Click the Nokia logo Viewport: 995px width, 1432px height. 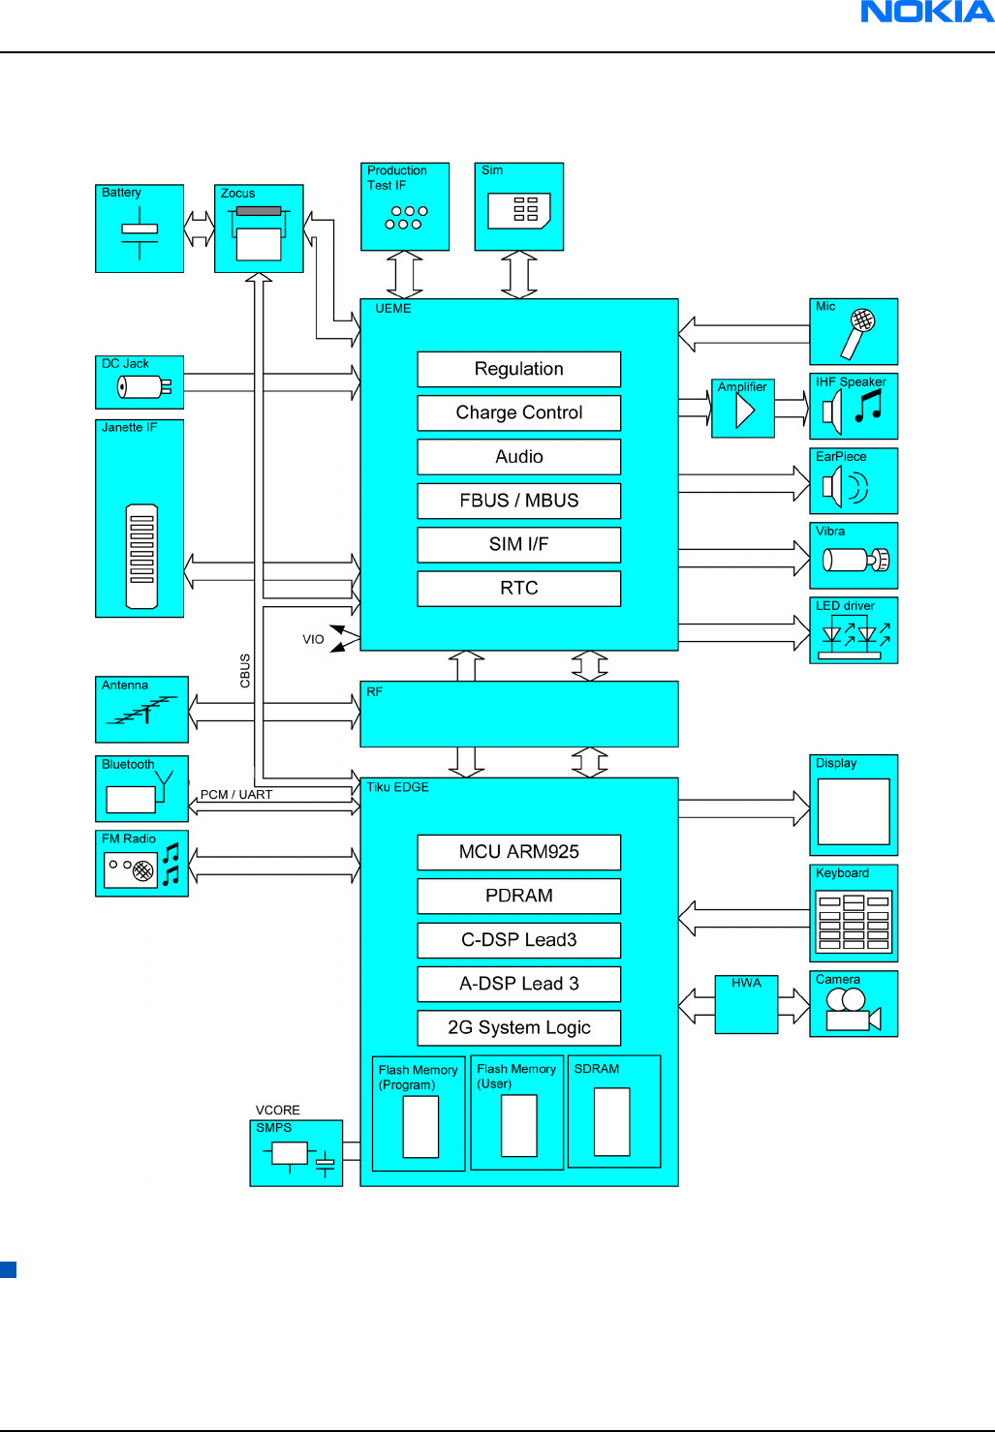point(927,13)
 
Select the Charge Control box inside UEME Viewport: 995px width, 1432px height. point(518,412)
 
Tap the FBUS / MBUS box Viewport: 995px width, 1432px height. point(518,501)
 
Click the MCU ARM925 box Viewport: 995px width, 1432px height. point(518,852)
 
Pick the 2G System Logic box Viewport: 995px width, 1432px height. point(518,1027)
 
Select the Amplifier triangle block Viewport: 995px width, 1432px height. point(743,411)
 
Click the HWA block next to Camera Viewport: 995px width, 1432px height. point(746,1004)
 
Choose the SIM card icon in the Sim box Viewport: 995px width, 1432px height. point(519,211)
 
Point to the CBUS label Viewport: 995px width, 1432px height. point(245,671)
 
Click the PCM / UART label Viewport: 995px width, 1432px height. point(236,795)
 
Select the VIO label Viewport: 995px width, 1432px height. point(313,640)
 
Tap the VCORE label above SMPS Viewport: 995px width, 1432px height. point(278,1111)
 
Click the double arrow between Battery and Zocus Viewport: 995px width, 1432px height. point(199,229)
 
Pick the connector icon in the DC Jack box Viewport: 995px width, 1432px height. point(143,387)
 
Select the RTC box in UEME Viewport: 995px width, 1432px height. point(518,589)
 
